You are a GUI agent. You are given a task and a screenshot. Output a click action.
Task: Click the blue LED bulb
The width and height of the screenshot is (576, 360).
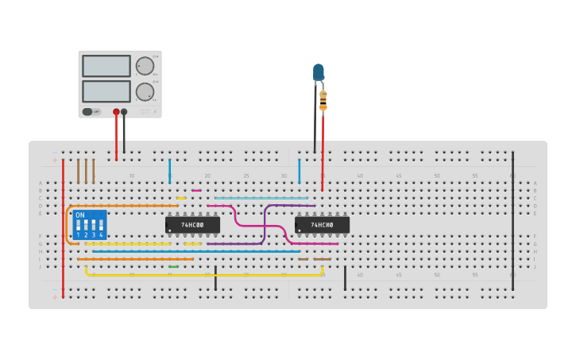click(319, 72)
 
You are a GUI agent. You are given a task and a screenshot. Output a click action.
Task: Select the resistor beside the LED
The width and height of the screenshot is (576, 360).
click(323, 100)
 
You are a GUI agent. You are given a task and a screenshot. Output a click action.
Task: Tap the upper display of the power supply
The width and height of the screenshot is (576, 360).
click(106, 66)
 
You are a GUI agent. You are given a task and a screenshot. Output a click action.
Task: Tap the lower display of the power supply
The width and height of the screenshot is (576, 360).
click(106, 91)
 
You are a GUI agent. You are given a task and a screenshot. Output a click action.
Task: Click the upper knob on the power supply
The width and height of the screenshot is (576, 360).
click(145, 66)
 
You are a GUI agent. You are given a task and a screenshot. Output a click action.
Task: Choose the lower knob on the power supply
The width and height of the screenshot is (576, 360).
click(145, 91)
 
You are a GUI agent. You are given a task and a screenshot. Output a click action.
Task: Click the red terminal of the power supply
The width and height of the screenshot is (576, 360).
click(116, 112)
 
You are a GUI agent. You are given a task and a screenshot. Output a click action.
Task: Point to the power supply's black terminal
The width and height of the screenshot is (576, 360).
click(124, 112)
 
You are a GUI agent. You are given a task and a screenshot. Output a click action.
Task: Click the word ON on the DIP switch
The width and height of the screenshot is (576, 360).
click(80, 215)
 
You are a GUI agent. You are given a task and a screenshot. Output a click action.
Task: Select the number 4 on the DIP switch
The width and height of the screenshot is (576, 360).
click(101, 235)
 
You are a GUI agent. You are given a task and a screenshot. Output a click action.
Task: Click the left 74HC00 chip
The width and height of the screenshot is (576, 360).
click(192, 225)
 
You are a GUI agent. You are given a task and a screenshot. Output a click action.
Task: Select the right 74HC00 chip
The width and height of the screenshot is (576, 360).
click(322, 225)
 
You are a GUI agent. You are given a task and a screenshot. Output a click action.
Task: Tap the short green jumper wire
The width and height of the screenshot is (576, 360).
click(173, 267)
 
